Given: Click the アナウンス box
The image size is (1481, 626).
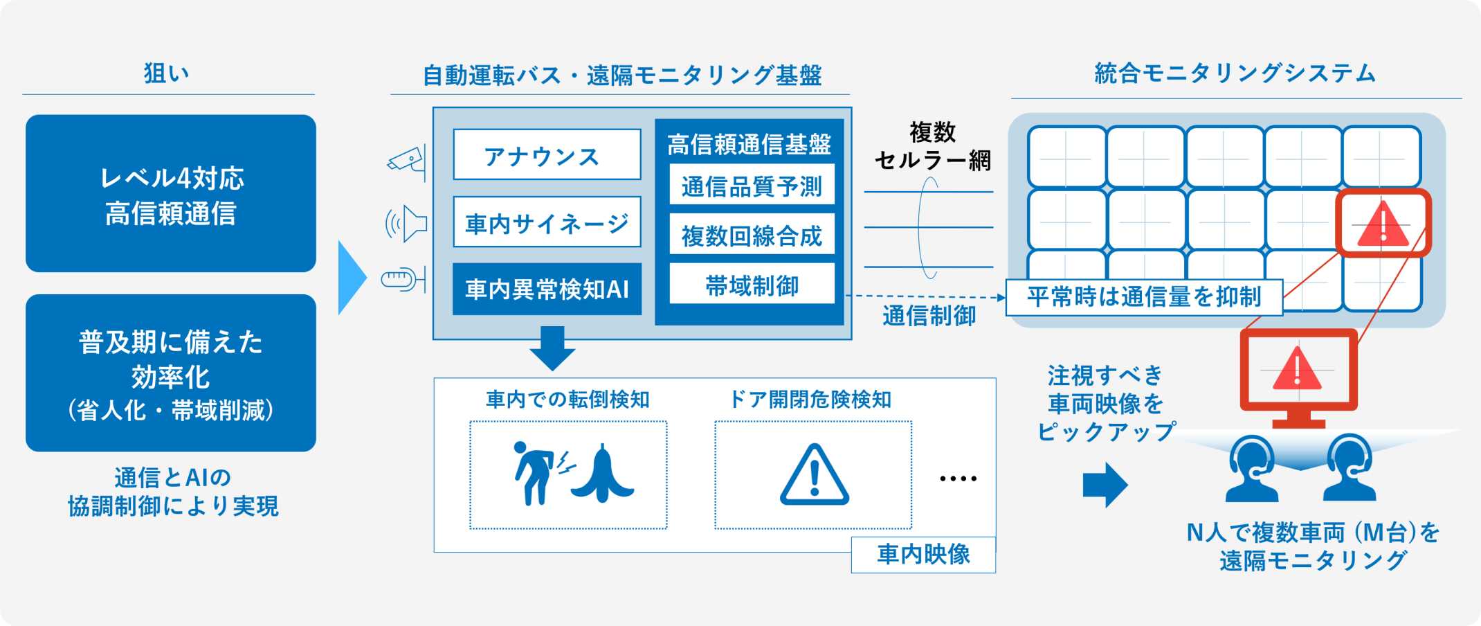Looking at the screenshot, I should pyautogui.click(x=547, y=154).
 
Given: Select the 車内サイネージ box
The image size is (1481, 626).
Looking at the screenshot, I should pyautogui.click(x=547, y=222).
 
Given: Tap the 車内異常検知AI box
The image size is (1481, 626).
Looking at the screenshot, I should pyautogui.click(x=547, y=289).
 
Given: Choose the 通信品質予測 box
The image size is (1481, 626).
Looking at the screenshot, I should pyautogui.click(x=752, y=185).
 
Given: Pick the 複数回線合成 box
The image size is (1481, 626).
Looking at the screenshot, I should pyautogui.click(x=752, y=235).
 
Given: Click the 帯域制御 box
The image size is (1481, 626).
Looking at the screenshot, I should pyautogui.click(x=752, y=284).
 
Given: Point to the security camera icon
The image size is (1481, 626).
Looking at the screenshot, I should pyautogui.click(x=407, y=161).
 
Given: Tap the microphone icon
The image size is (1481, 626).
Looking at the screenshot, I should pyautogui.click(x=403, y=280).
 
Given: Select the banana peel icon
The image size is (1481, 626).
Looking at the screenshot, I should pyautogui.click(x=602, y=474).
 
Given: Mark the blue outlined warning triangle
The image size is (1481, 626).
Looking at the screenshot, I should pyautogui.click(x=815, y=476).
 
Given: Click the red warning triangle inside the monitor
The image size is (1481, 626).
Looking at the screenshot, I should pyautogui.click(x=1298, y=368).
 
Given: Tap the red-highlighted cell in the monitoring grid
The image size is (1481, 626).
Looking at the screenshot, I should pyautogui.click(x=1383, y=223).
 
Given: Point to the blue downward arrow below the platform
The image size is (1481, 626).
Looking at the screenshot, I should pyautogui.click(x=552, y=348).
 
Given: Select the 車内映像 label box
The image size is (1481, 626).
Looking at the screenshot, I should pyautogui.click(x=923, y=555).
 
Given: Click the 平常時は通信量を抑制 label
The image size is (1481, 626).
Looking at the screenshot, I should pyautogui.click(x=1144, y=297).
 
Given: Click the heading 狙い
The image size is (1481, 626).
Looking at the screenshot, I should pyautogui.click(x=166, y=73).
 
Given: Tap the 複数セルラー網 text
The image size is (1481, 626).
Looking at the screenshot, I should pyautogui.click(x=932, y=146).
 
